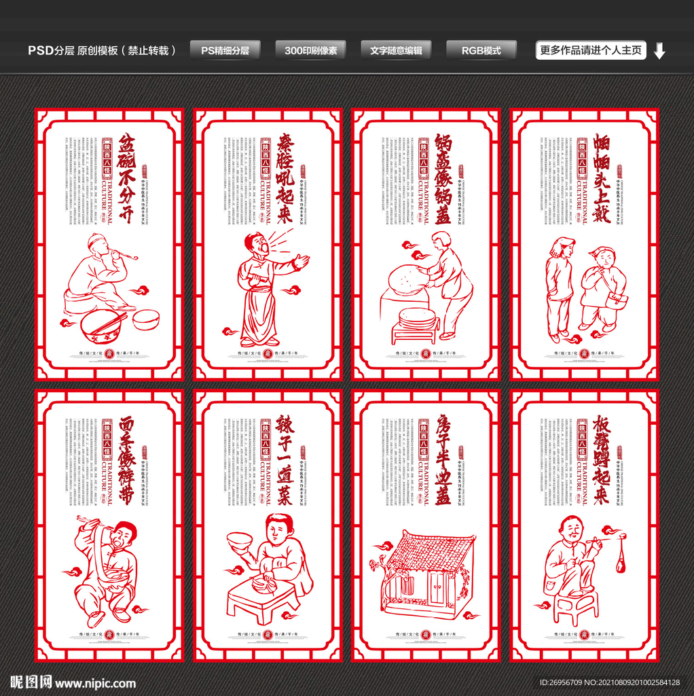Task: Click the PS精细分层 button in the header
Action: coord(225,50)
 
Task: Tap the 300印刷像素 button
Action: coord(310,50)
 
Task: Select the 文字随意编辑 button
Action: coord(396,50)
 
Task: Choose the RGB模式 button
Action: coord(481,50)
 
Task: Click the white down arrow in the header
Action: coord(659,51)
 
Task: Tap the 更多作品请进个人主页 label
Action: coord(591,50)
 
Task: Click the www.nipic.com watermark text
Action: coord(95,683)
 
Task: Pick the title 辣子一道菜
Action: coord(285,459)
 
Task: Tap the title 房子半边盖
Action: coord(443,459)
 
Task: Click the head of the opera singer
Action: coord(257,243)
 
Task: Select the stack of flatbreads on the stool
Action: coord(417,317)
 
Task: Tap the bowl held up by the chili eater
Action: coord(240,540)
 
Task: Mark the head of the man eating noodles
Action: coord(123,535)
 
